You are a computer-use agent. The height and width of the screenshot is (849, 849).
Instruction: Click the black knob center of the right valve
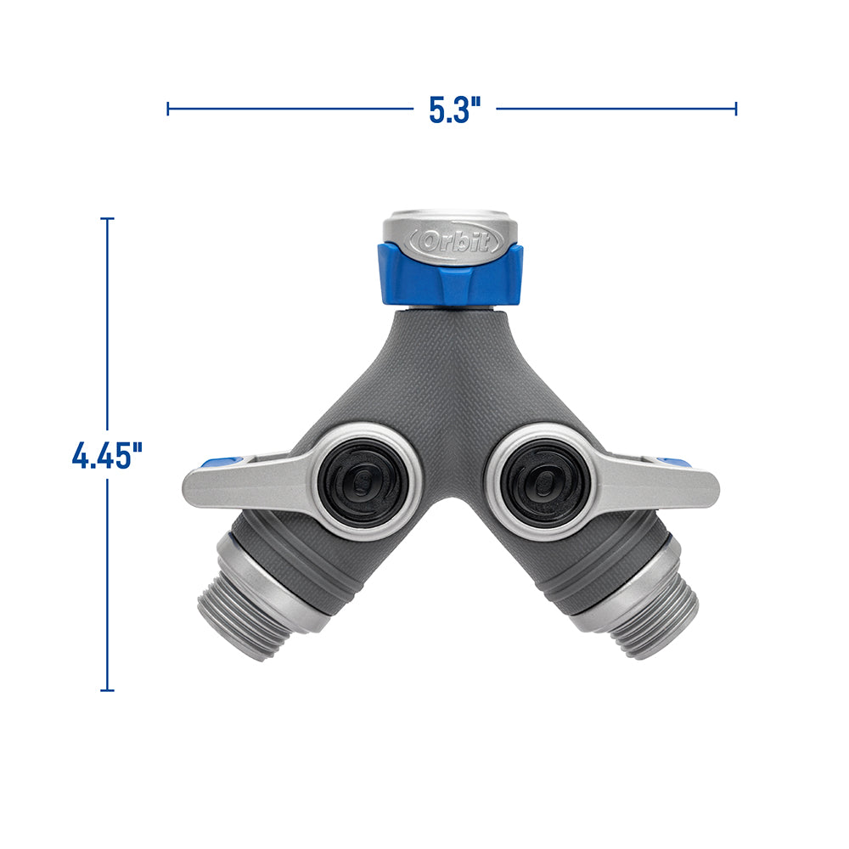pyautogui.click(x=544, y=483)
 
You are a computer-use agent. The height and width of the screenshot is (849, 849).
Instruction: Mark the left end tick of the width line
pyautogui.click(x=168, y=108)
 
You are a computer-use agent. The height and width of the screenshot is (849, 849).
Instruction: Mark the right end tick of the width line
pyautogui.click(x=736, y=108)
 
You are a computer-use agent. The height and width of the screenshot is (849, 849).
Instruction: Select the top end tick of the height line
pyautogui.click(x=107, y=219)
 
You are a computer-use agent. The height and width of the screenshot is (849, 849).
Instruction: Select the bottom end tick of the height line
pyautogui.click(x=107, y=689)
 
